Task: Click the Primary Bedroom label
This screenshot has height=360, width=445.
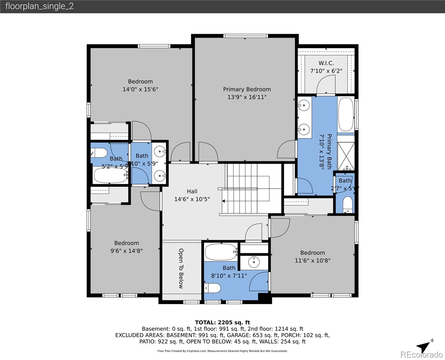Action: (247, 89)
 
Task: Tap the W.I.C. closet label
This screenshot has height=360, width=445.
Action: (326, 63)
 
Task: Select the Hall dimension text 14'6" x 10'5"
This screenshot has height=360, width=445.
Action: (192, 199)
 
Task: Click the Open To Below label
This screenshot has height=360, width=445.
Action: (181, 268)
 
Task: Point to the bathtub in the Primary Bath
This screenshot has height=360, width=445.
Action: (346, 114)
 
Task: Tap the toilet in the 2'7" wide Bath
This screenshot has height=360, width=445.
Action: (347, 205)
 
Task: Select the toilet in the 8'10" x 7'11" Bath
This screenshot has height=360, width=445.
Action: (213, 288)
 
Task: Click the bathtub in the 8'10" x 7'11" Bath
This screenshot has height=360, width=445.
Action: (221, 252)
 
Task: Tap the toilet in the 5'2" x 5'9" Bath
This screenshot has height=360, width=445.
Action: (99, 153)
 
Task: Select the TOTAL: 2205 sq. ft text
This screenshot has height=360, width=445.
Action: (222, 322)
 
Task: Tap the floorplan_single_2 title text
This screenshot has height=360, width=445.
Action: (39, 6)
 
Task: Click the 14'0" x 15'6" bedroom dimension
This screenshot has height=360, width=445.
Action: (140, 89)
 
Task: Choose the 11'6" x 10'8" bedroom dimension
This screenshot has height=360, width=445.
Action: (312, 261)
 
